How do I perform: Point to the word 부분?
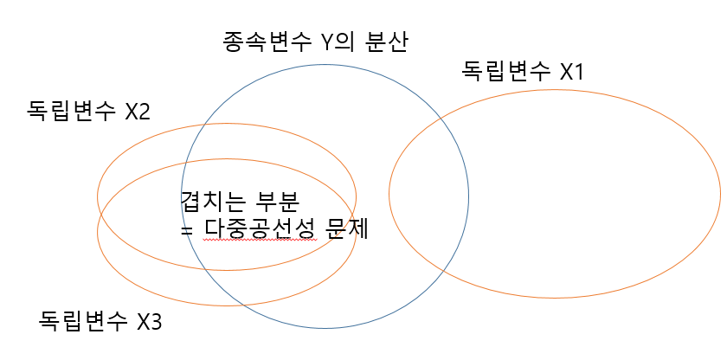(x=277, y=201)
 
